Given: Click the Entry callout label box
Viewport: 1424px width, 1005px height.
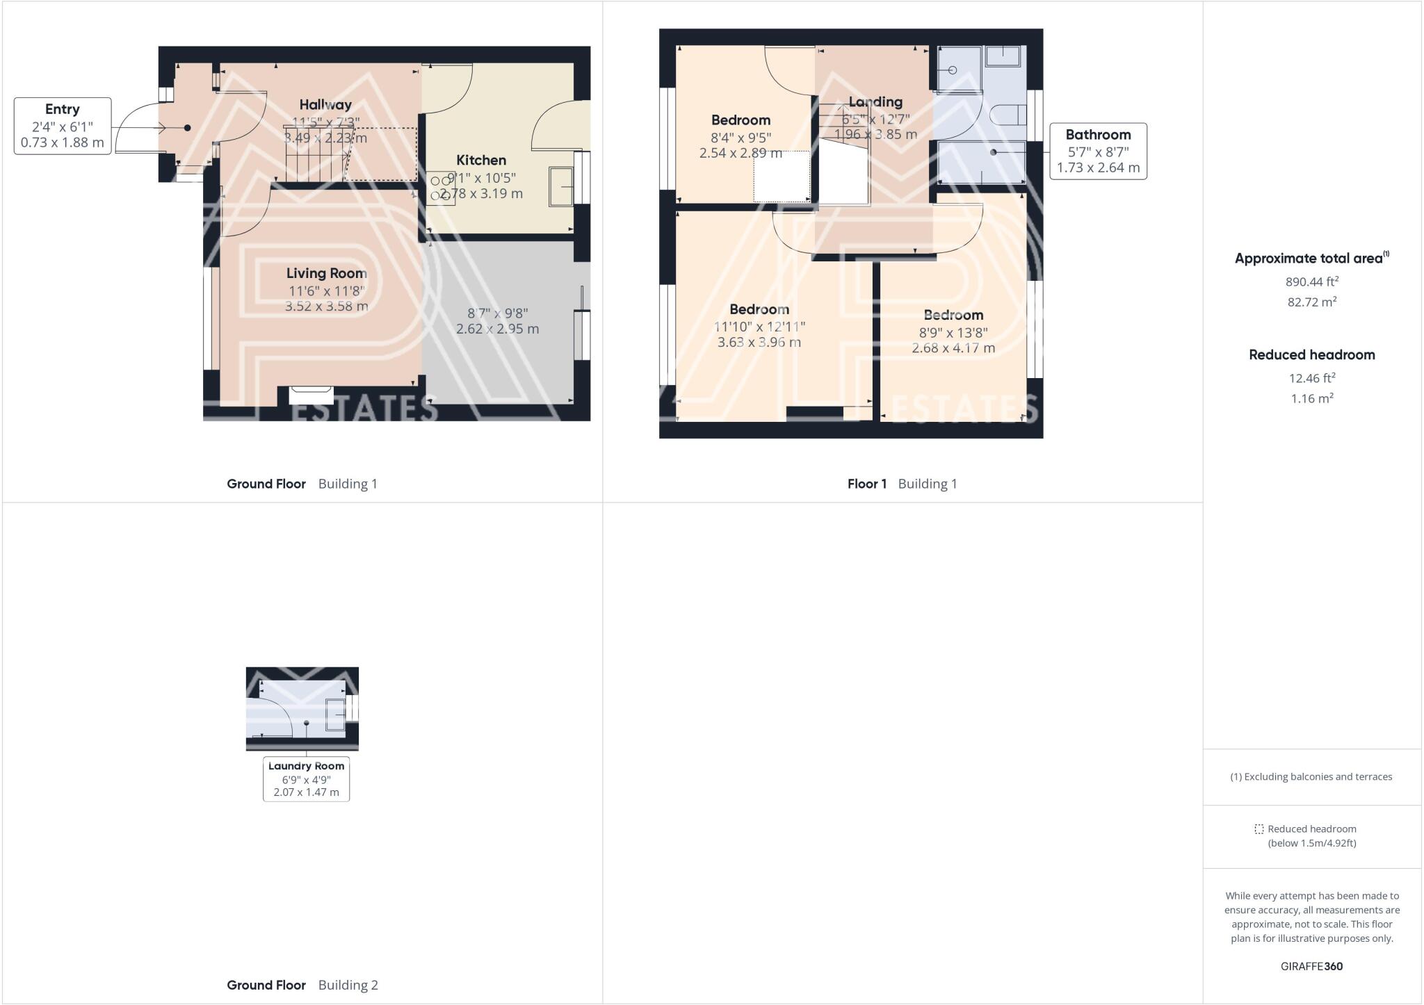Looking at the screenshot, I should tap(63, 126).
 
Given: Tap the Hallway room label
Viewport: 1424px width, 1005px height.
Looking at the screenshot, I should tap(325, 105).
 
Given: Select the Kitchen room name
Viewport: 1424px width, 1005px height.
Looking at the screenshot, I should tap(481, 160).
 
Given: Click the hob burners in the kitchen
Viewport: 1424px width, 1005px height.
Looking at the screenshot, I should tap(441, 188).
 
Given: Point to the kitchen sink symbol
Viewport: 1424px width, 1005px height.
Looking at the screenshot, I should tap(560, 186).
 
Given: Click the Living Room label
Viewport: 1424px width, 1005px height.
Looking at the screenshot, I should tap(327, 273).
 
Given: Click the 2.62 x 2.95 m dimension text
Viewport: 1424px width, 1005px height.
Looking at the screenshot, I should tap(497, 329).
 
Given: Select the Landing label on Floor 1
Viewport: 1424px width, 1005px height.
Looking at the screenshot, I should tap(875, 102).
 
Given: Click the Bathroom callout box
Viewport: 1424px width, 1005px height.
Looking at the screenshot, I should tap(1098, 152).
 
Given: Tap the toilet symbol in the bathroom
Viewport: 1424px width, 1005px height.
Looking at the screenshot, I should tap(1008, 115).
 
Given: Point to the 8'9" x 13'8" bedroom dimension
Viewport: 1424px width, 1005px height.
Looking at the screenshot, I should tap(953, 332).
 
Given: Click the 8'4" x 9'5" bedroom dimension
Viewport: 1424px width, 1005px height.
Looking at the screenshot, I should tap(741, 138).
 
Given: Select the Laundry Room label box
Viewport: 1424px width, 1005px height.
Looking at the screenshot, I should tap(306, 779).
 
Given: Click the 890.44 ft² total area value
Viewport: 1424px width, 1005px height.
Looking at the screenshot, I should tap(1311, 281).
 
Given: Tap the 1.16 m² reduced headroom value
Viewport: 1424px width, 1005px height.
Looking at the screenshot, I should tap(1311, 398).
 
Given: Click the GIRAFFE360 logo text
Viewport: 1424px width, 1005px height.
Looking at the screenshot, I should tap(1311, 966).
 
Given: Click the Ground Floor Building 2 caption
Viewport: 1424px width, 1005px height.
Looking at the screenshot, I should tap(302, 985).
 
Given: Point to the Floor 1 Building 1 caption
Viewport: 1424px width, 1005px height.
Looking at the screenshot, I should tap(902, 484).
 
